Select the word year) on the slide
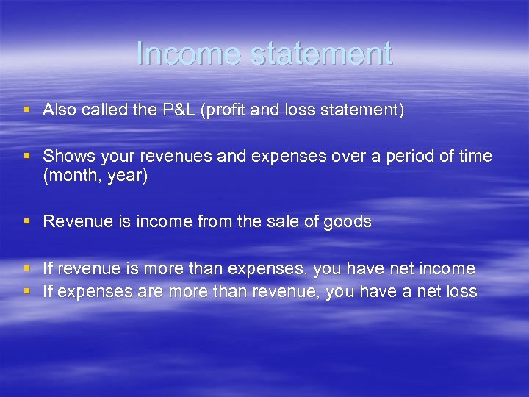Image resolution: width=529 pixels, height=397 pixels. [128, 176]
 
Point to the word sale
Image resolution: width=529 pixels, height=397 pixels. [278, 221]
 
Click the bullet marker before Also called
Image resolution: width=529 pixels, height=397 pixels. [27, 110]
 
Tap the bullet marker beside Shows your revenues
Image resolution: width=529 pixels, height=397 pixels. [27, 157]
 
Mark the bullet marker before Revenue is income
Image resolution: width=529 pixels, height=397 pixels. [27, 221]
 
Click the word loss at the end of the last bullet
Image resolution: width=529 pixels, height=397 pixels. [461, 292]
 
